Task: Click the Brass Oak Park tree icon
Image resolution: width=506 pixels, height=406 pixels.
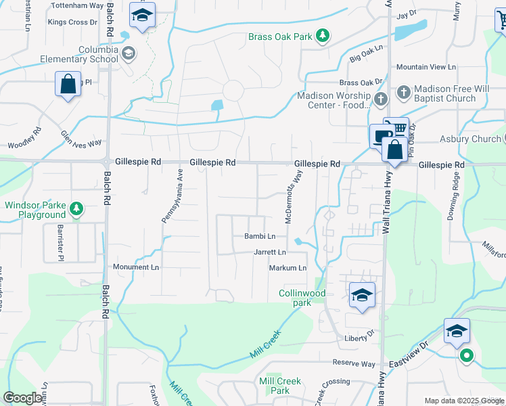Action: pyautogui.click(x=324, y=35)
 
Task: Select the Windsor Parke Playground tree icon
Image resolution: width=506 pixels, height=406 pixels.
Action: pyautogui.click(x=78, y=208)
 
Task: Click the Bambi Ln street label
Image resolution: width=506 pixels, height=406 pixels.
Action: pyautogui.click(x=260, y=236)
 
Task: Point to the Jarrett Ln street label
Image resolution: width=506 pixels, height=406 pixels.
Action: pyautogui.click(x=270, y=252)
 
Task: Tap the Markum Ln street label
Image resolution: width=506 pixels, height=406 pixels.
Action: pyautogui.click(x=287, y=268)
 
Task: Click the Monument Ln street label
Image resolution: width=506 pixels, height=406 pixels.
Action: pyautogui.click(x=135, y=267)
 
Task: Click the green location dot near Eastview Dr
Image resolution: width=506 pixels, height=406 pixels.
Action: pyautogui.click(x=465, y=355)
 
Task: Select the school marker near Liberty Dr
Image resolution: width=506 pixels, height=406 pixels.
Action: pyautogui.click(x=362, y=295)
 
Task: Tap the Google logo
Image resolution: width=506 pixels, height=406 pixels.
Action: pyautogui.click(x=22, y=398)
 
